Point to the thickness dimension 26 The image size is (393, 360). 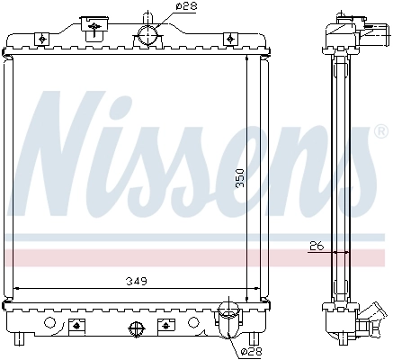(315, 245)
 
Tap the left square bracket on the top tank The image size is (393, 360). (42, 38)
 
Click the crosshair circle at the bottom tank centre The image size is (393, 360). (136, 328)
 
